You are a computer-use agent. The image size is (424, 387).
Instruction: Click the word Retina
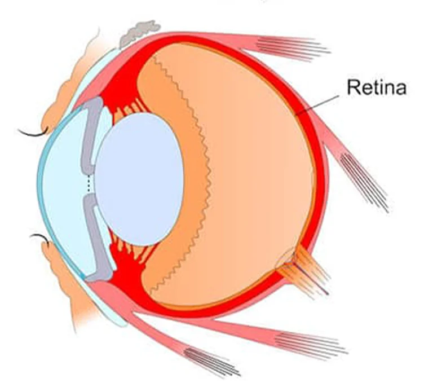[377, 87]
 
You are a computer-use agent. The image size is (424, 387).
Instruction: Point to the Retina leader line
[317, 105]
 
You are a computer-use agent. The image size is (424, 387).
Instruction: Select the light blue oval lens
[139, 179]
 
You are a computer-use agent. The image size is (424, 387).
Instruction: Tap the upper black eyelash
[33, 132]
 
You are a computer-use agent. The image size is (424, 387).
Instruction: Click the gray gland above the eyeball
[139, 33]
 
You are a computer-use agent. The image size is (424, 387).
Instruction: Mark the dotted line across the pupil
[89, 184]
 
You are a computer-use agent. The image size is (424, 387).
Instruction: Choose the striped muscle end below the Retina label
[364, 183]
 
